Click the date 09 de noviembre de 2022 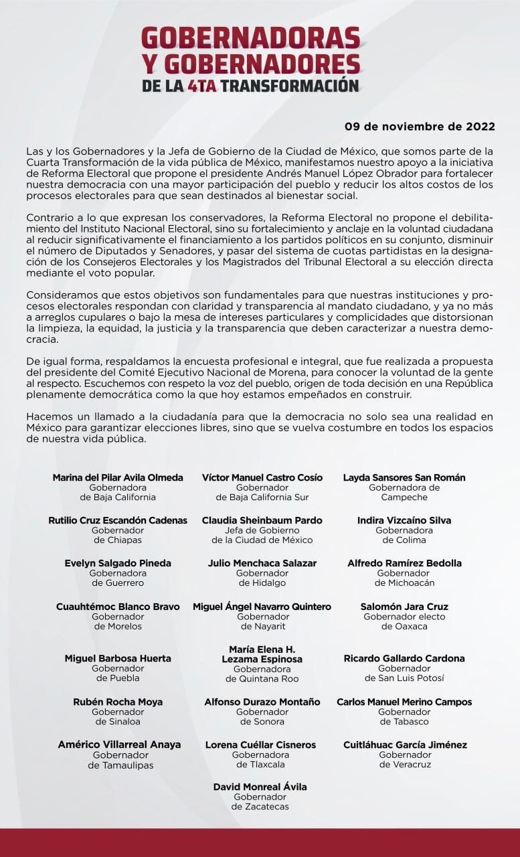coord(410,126)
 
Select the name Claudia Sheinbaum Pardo coord(262,520)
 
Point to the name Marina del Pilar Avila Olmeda coord(118,477)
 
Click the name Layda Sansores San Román coord(404,477)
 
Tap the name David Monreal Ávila coord(260,787)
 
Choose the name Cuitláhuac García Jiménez coord(405,745)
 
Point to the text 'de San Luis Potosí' coord(404,678)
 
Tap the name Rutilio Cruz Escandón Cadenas coord(118,520)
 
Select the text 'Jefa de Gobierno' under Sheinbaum coord(262,530)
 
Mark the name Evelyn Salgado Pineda coord(118,563)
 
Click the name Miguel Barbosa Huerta coord(118,658)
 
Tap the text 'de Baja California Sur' coord(262,497)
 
